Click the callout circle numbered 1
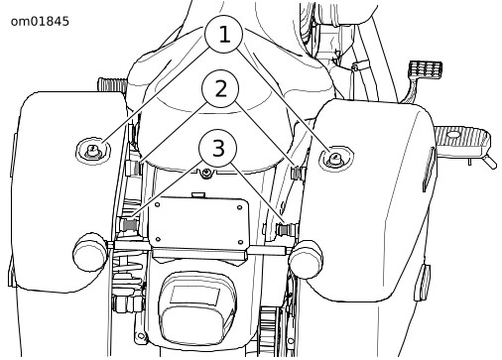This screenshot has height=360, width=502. click(x=224, y=34)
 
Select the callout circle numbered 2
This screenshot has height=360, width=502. click(x=220, y=88)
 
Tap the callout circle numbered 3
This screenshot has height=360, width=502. click(x=217, y=148)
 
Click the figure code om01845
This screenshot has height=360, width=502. click(x=40, y=22)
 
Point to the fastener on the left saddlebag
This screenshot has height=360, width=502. click(x=92, y=151)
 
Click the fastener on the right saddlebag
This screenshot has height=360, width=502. click(x=335, y=159)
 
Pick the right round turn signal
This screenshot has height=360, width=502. click(x=306, y=259)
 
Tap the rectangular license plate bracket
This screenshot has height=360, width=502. click(x=198, y=222)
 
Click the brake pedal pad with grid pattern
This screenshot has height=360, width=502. click(x=426, y=69)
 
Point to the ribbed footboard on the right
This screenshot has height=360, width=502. click(x=462, y=140)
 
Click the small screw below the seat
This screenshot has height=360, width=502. click(x=207, y=173)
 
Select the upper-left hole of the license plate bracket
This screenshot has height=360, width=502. click(x=158, y=204)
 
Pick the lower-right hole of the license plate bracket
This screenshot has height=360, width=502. click(x=241, y=242)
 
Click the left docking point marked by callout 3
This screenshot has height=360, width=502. click(x=129, y=225)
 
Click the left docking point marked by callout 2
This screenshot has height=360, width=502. click(x=134, y=168)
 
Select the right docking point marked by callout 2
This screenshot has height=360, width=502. click(x=298, y=173)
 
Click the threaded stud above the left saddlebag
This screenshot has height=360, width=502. click(x=112, y=84)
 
